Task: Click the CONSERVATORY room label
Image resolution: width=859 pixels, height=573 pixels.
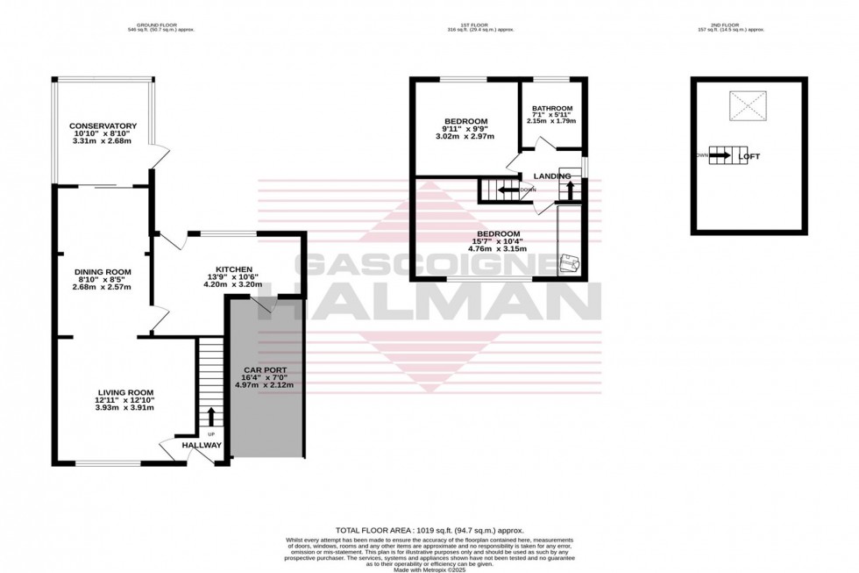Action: [x=103, y=125]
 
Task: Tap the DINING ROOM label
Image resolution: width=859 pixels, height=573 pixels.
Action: [x=101, y=272]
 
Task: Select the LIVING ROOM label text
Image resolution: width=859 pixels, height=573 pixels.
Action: [x=125, y=392]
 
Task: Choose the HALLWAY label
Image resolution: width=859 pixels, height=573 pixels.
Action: [x=202, y=446]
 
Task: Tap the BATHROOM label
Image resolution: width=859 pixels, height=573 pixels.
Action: [x=552, y=110]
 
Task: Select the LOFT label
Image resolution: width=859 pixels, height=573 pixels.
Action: [x=749, y=156]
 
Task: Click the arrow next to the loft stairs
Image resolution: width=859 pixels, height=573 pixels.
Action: [x=720, y=156]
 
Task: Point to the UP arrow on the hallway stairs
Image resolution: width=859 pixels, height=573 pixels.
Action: [x=210, y=416]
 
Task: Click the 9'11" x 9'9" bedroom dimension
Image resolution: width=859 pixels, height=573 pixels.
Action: [x=465, y=130]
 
